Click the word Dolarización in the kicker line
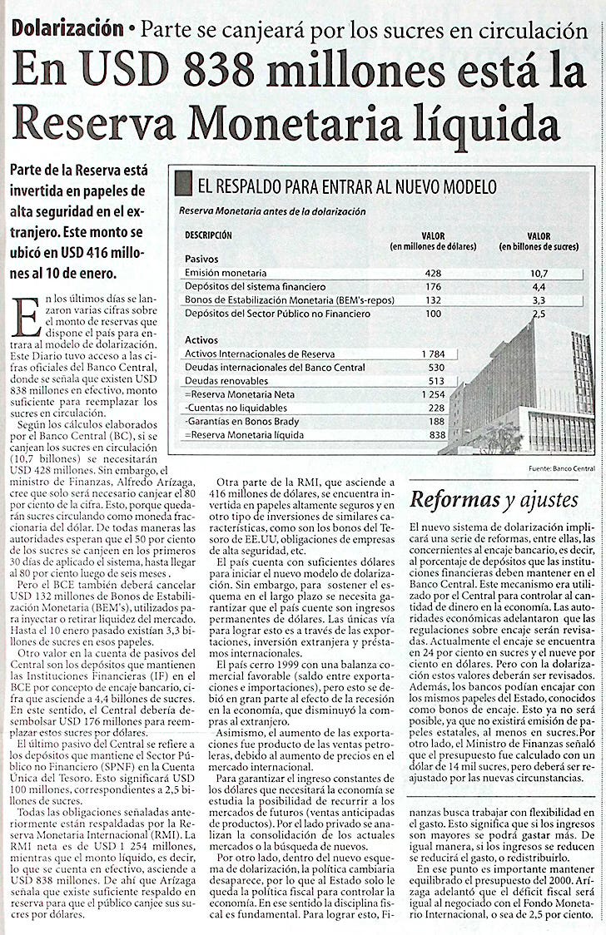(x=67, y=27)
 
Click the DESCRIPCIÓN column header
(x=208, y=235)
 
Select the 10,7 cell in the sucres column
(x=539, y=274)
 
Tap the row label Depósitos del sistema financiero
(x=244, y=287)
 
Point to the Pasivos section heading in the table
(x=201, y=259)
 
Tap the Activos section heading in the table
(x=201, y=339)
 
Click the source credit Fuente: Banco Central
(x=561, y=469)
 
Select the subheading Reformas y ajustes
(x=494, y=500)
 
